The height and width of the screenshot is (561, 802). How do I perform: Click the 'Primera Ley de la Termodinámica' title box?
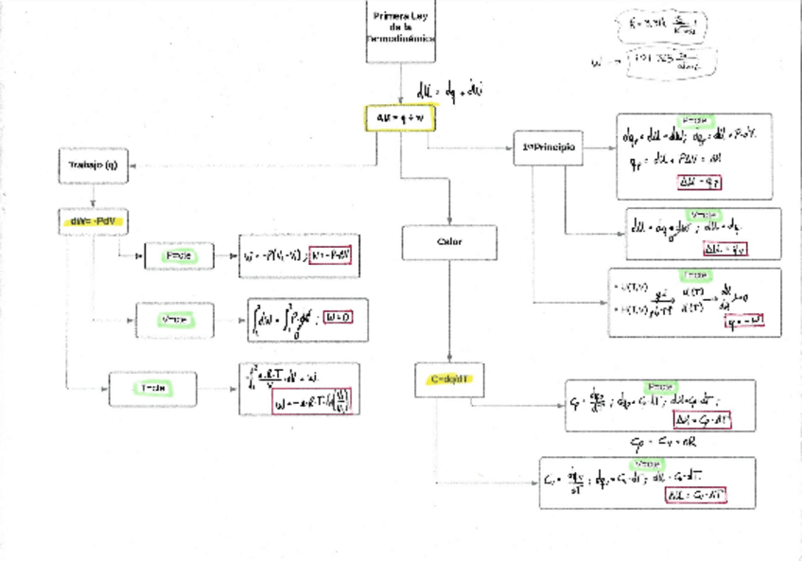point(401,29)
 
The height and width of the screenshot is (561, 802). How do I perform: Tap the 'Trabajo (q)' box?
point(92,165)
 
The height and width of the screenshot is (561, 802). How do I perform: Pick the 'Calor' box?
point(449,242)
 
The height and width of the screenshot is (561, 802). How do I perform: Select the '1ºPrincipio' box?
point(548,148)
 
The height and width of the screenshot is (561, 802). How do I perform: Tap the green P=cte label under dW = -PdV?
point(179,255)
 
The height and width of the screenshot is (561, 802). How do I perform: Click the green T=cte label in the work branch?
point(151,388)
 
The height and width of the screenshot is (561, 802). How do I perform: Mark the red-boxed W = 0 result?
point(338,318)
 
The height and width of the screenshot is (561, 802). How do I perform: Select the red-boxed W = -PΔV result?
point(334,255)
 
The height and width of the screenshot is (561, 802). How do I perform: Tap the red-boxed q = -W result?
point(741,323)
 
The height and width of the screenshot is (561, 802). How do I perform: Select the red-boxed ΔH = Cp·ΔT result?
point(699,418)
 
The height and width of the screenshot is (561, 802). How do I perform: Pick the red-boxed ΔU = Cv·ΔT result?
point(695,495)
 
